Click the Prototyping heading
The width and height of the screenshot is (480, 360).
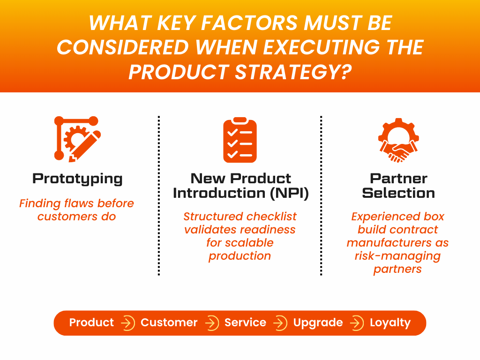tap(77, 179)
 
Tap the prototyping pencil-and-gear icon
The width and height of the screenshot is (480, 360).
tap(77, 139)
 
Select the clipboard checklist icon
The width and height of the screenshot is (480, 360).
tap(240, 140)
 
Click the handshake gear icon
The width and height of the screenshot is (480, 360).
tap(398, 140)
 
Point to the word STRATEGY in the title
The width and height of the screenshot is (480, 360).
tap(293, 72)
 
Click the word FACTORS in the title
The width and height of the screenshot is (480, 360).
tap(249, 23)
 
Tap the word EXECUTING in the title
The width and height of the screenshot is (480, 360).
tap(321, 47)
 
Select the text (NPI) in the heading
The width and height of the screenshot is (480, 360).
tap(289, 193)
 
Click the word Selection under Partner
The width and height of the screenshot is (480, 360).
tap(398, 193)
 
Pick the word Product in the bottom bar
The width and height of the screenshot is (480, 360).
tap(91, 322)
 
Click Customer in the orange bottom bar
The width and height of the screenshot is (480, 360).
tap(169, 322)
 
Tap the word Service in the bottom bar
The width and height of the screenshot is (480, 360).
tap(245, 322)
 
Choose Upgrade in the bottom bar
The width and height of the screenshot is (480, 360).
tap(318, 323)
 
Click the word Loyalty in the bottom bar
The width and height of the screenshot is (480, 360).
tap(390, 323)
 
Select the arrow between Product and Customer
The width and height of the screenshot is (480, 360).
tap(127, 323)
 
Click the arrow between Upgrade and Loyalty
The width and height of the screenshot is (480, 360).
tap(357, 323)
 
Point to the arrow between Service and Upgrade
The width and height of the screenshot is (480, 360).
tap(280, 323)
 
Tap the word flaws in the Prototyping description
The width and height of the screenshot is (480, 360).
tap(78, 203)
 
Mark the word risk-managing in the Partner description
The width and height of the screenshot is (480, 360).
tap(397, 256)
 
